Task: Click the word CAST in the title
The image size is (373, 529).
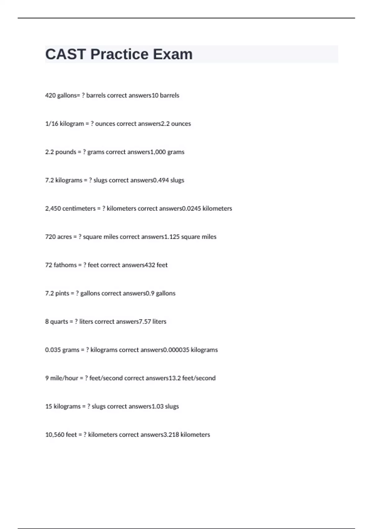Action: point(65,54)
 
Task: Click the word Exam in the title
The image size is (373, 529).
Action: point(173,54)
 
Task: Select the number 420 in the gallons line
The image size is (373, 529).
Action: point(50,96)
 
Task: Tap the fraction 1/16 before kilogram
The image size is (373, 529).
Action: point(52,124)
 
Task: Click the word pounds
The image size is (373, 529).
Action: point(66,152)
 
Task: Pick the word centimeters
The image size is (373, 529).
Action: point(79,208)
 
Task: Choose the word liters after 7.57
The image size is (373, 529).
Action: point(159,322)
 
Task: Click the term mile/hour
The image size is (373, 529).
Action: point(64,378)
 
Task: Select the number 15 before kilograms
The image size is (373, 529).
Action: point(48,407)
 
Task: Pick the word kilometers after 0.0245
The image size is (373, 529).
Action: point(217,208)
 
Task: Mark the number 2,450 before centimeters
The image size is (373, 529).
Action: point(53,208)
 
